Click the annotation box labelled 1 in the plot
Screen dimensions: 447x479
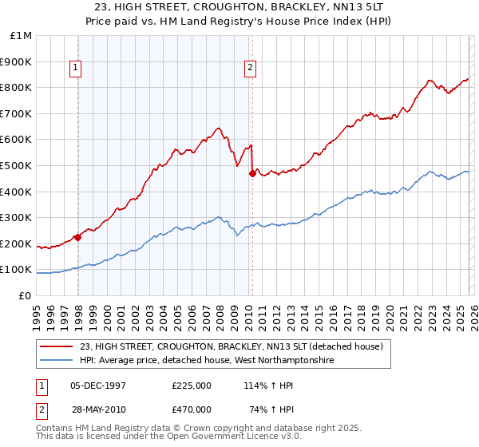[x=76, y=69]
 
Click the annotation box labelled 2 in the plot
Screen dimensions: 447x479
[x=250, y=69]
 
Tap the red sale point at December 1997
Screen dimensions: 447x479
[x=77, y=236]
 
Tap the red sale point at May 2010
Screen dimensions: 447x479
[x=252, y=173]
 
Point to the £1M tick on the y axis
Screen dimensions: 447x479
[x=22, y=35]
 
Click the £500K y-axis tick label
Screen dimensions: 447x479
[x=18, y=165]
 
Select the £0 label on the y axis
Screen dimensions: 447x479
[x=26, y=295]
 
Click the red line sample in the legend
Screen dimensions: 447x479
[x=57, y=346]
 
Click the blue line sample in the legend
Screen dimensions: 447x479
[x=57, y=361]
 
